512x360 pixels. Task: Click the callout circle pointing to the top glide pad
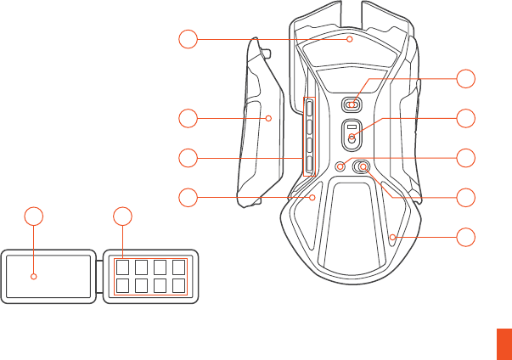tap(188, 37)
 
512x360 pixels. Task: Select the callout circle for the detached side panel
tap(188, 118)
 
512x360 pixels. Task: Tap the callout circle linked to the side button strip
tap(188, 158)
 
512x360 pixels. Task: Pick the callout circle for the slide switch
tap(465, 79)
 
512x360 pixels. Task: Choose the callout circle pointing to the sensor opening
tap(465, 118)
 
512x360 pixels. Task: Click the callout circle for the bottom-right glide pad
tap(465, 237)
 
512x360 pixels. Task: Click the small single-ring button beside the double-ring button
tap(343, 166)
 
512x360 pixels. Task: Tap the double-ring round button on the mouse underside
tap(362, 167)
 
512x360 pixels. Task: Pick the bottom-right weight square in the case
tap(177, 285)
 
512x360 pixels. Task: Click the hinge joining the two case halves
tap(98, 273)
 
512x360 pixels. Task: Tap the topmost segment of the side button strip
tap(309, 108)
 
